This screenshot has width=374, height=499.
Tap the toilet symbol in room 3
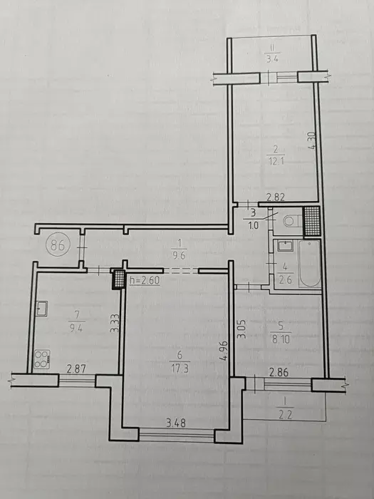point(290,222)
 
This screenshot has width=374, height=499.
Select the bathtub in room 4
point(309,265)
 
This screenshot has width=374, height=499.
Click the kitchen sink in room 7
point(42,309)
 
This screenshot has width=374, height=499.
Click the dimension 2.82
point(276,198)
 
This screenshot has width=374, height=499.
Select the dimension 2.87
point(76,369)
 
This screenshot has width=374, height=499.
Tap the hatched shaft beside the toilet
point(311,221)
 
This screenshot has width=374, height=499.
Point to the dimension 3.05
point(241,328)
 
